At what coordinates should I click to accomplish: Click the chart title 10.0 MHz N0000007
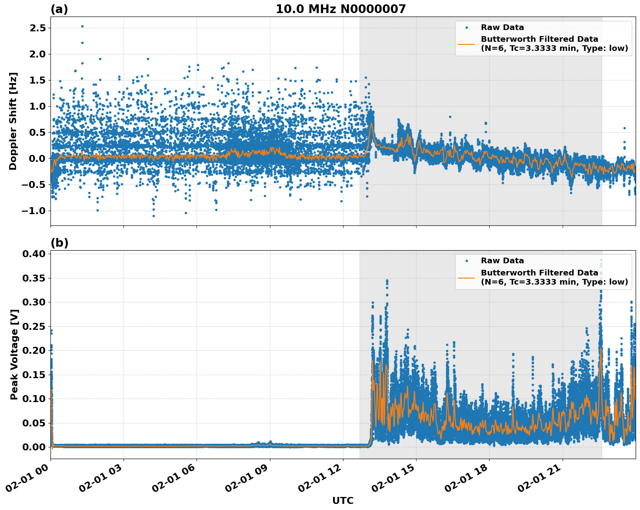point(340,9)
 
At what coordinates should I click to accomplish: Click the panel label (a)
point(59,9)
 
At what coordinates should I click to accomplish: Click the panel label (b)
point(59,243)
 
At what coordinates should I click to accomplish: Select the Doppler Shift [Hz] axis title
point(13,121)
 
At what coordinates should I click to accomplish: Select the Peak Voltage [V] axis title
point(14,355)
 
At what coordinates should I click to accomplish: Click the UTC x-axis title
point(343,500)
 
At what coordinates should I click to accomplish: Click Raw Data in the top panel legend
point(502,27)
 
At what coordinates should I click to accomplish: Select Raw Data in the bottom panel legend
point(502,261)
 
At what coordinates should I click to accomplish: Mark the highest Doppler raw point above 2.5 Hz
point(82,26)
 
